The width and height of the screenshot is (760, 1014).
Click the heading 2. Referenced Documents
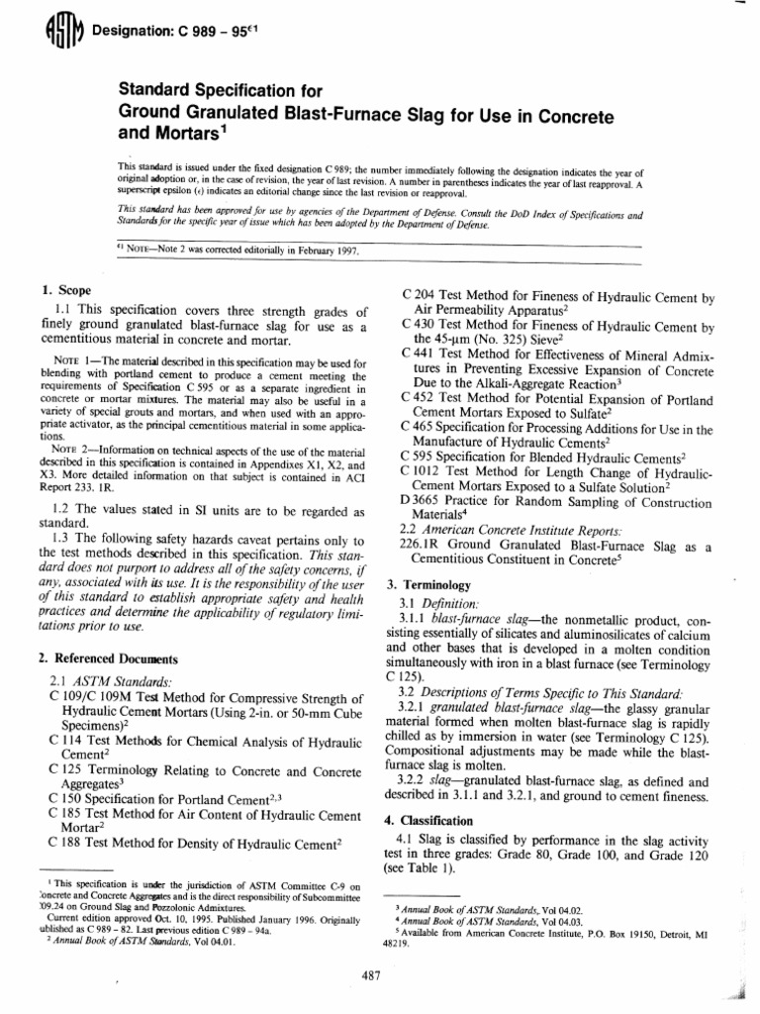[107, 658]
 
